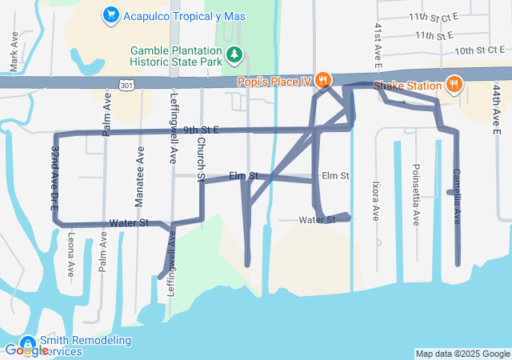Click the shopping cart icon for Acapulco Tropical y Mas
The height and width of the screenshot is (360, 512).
click(x=111, y=15)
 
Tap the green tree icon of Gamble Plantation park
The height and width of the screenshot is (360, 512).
click(x=235, y=55)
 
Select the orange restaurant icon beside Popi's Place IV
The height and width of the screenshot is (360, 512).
click(x=323, y=79)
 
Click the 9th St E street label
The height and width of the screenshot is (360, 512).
click(x=200, y=130)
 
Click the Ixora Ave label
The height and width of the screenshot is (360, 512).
click(x=375, y=200)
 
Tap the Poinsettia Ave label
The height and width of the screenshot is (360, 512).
click(x=415, y=194)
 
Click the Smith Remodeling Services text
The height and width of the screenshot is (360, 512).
click(x=85, y=346)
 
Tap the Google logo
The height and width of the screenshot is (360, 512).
click(x=26, y=350)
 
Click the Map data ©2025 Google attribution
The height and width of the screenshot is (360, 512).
click(x=462, y=354)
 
